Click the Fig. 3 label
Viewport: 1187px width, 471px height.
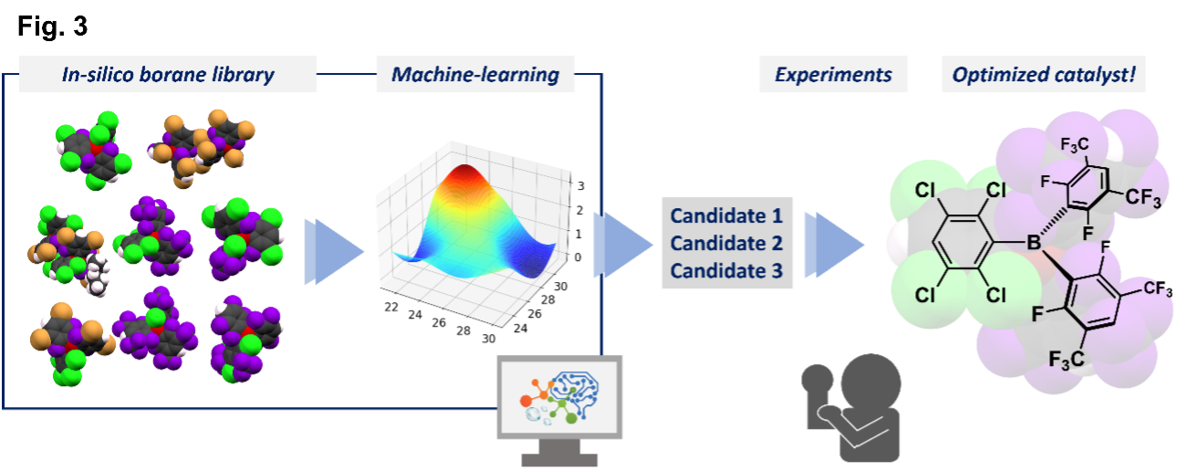[x=52, y=26]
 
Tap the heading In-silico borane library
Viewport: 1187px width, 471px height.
[x=168, y=74]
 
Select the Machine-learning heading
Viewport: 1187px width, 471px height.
[x=475, y=74]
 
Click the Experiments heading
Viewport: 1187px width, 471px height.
[x=833, y=74]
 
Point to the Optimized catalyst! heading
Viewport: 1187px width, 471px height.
[x=1044, y=74]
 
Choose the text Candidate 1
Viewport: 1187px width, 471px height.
[x=726, y=215]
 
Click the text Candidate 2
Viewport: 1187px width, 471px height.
[x=726, y=244]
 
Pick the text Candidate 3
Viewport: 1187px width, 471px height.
[x=726, y=271]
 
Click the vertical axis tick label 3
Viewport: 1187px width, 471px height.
[x=581, y=186]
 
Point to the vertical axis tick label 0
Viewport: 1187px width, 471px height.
[x=578, y=257]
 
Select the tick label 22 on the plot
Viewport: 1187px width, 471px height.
[x=391, y=307]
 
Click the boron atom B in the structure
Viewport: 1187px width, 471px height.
[x=1034, y=243]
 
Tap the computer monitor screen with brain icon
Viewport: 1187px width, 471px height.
[x=559, y=397]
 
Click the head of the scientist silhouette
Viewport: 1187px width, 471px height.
[x=870, y=383]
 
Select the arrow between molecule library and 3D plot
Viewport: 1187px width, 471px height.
[x=334, y=251]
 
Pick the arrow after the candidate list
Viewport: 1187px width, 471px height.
[x=834, y=245]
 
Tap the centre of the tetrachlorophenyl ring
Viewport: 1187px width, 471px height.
[x=962, y=243]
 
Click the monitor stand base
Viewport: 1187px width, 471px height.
[x=559, y=460]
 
